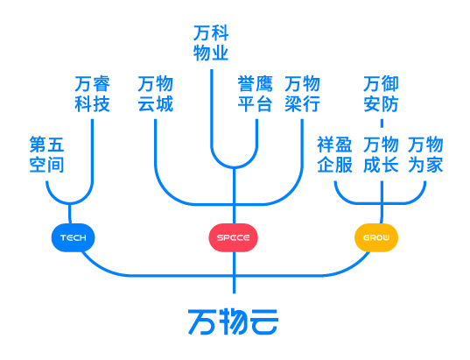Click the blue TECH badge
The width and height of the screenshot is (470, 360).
[x=74, y=237]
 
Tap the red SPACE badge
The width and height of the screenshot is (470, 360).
[x=233, y=237]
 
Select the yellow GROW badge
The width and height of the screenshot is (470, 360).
[x=376, y=237]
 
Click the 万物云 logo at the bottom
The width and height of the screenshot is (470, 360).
[x=233, y=322]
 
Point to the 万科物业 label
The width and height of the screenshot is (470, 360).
[x=211, y=43]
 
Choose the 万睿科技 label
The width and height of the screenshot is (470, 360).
[x=92, y=94]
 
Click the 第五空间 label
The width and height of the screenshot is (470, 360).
[x=46, y=154]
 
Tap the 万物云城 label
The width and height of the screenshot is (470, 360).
[x=156, y=94]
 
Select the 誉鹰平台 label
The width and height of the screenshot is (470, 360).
[x=255, y=94]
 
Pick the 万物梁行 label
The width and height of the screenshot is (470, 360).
[x=302, y=94]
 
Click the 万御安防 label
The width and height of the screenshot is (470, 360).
[x=381, y=94]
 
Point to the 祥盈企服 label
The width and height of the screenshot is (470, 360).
[x=335, y=154]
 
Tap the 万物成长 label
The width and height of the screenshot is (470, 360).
[x=381, y=154]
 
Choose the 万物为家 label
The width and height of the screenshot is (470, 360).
[x=425, y=154]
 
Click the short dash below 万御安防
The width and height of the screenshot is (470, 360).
[x=382, y=124]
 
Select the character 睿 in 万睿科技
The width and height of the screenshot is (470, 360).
[x=102, y=84]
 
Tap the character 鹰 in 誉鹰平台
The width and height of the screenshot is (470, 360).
[x=264, y=84]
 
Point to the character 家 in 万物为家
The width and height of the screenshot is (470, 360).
[x=435, y=165]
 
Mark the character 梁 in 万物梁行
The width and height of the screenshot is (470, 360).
[x=293, y=104]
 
